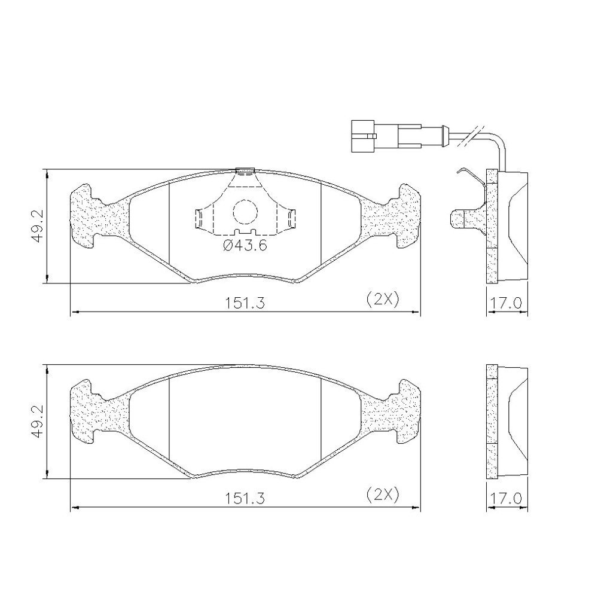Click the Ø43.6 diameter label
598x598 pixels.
point(245,246)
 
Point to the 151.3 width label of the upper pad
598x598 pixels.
point(245,303)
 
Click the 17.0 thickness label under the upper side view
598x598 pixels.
point(506,303)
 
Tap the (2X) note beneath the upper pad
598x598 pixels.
point(383,300)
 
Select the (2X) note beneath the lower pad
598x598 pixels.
point(383,495)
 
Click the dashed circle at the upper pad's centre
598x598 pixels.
point(245,212)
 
